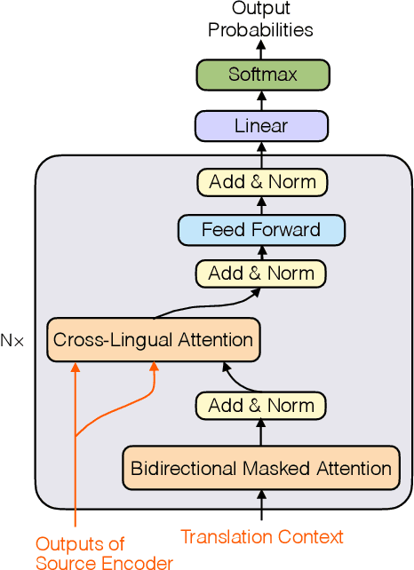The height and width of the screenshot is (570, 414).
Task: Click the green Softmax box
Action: [x=261, y=74]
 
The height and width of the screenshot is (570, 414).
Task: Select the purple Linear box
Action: [x=261, y=126]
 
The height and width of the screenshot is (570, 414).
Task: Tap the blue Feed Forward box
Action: [x=261, y=230]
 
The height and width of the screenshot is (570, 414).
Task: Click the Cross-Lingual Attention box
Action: [x=153, y=339]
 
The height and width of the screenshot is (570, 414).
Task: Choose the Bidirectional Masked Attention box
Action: [x=261, y=469]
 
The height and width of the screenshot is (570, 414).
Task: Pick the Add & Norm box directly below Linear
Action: [x=261, y=182]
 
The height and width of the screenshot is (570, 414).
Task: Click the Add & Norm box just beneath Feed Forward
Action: [x=261, y=273]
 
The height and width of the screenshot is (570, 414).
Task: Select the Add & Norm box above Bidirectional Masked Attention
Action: [x=261, y=406]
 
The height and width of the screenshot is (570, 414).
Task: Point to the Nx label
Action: [x=12, y=339]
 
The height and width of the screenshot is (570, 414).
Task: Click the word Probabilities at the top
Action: [x=261, y=30]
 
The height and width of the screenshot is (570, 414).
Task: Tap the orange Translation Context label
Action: [x=261, y=536]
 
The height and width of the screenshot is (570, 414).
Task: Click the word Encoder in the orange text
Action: [x=143, y=560]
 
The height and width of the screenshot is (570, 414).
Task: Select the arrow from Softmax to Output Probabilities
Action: [x=261, y=49]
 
